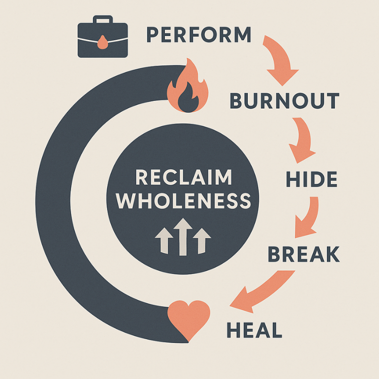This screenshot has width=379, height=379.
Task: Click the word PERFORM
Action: tap(199, 35)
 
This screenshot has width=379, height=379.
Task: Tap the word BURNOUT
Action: tap(285, 100)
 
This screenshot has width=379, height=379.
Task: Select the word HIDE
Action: tap(312, 179)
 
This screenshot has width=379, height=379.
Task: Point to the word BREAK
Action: tap(304, 254)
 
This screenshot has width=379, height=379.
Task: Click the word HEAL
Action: tap(254, 330)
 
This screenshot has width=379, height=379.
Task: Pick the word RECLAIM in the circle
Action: tap(184, 177)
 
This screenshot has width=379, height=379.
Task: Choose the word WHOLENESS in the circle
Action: tap(184, 200)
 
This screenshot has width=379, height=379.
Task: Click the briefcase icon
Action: tap(103, 36)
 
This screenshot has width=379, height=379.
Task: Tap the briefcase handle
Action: tap(103, 19)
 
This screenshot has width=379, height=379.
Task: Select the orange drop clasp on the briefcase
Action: tap(102, 42)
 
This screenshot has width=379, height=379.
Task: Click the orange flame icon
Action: tap(188, 85)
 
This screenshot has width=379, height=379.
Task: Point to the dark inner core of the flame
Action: tap(188, 99)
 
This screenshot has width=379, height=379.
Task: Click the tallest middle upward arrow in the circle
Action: tap(183, 237)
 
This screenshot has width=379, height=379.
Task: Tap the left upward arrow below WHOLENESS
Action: tap(164, 241)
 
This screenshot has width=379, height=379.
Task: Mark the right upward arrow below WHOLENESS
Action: tap(202, 241)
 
